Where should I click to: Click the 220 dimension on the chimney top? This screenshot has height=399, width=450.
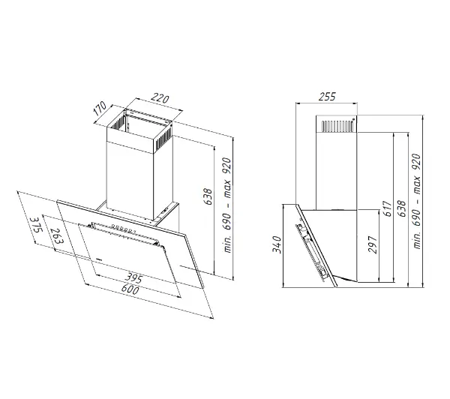(160, 98)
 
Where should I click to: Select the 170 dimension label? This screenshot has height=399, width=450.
(100, 109)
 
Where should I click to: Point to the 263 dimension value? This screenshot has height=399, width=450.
(56, 236)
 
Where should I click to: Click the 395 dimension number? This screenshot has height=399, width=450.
(133, 278)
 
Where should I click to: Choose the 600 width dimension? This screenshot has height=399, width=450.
(130, 289)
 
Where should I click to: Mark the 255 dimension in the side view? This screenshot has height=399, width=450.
(327, 97)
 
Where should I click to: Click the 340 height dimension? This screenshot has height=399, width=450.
(277, 244)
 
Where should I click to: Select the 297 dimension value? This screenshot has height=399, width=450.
(372, 244)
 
